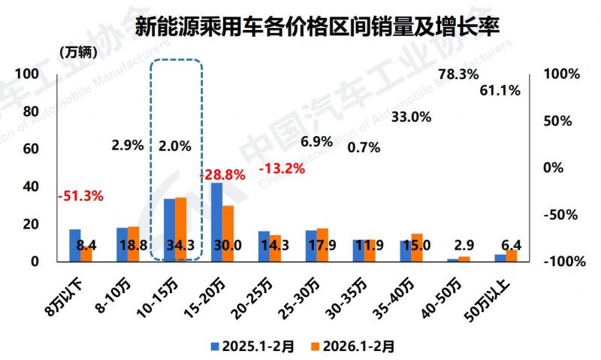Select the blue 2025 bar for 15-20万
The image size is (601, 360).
tap(216, 222)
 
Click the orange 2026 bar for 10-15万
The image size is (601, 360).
tap(180, 228)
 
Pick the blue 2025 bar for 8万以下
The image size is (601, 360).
tap(75, 245)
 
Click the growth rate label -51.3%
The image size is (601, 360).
tap(80, 196)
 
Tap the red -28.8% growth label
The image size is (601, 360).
tap(223, 174)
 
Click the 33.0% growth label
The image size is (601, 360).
tap(412, 116)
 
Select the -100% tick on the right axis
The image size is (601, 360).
tap(560, 262)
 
